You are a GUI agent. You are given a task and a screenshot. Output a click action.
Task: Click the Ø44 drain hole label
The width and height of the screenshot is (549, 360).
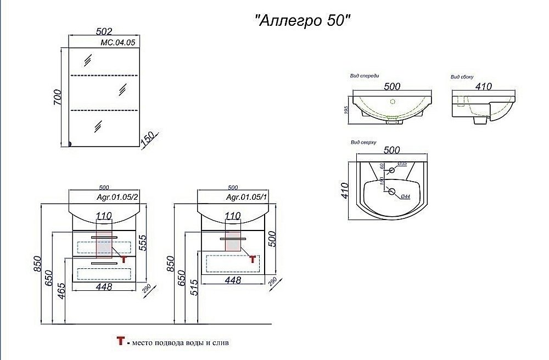[x=406, y=196]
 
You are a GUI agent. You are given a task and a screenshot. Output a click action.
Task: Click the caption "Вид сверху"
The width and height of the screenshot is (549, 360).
[x=363, y=143]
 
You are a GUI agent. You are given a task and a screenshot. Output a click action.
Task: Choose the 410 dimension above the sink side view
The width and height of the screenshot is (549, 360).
[x=483, y=87]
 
